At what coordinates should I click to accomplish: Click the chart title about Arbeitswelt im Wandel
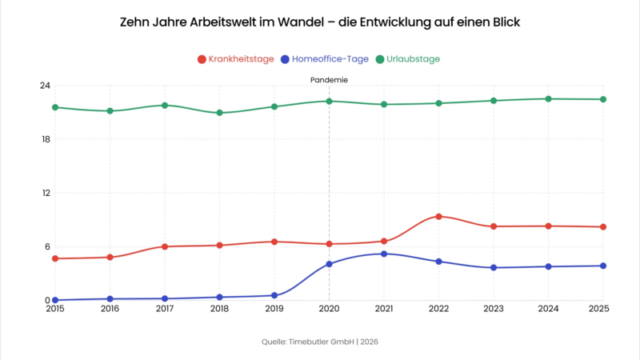320,22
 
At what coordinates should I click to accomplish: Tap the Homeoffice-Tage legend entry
324,59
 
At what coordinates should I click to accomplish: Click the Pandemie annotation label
329,80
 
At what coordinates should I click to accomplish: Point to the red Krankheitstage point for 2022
438,217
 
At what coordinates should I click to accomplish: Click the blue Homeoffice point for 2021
384,254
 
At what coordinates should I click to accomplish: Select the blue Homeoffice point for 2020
329,264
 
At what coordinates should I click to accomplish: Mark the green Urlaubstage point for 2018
219,113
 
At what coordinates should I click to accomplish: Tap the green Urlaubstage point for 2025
603,99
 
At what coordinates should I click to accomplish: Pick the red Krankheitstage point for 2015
54,258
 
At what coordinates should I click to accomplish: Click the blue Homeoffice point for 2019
274,295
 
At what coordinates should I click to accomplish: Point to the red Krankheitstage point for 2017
165,246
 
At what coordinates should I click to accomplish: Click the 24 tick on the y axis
45,86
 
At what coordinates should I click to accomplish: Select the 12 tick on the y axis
45,193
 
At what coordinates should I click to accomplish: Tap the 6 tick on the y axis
46,246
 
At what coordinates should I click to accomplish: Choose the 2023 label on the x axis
494,308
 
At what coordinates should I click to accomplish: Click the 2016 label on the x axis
110,308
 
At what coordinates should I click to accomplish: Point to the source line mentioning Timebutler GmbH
320,342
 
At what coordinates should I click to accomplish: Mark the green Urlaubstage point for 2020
329,101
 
